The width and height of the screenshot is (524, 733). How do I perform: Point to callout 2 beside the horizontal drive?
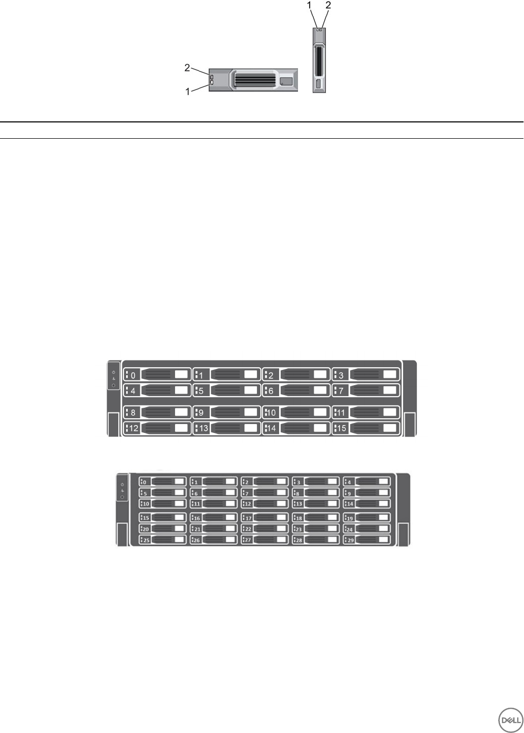[x=187, y=67]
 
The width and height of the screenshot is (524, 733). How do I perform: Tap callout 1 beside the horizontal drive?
[x=187, y=91]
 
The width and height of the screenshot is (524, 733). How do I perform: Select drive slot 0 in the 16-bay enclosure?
[x=157, y=375]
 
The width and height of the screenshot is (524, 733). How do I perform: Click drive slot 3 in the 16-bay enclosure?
[x=366, y=375]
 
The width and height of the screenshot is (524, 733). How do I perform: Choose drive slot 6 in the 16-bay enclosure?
[x=296, y=390]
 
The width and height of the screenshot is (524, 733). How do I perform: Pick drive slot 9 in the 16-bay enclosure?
[x=227, y=412]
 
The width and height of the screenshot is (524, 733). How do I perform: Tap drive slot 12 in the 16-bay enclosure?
[x=157, y=428]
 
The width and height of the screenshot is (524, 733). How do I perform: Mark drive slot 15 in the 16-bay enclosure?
[x=366, y=428]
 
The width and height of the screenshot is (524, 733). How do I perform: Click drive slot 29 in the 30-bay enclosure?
[x=367, y=540]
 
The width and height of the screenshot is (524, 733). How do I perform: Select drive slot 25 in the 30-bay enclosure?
[x=162, y=540]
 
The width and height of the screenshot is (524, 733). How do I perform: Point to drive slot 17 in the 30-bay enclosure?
[x=264, y=518]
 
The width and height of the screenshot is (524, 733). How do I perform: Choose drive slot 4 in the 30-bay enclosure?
[x=367, y=481]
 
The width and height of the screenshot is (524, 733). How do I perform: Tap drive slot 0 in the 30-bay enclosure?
[x=162, y=481]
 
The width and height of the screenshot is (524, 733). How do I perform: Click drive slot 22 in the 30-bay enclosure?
[x=264, y=529]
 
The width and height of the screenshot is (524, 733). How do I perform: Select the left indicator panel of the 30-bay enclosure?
[x=122, y=491]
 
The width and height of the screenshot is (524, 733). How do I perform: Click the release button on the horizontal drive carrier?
[x=286, y=81]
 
